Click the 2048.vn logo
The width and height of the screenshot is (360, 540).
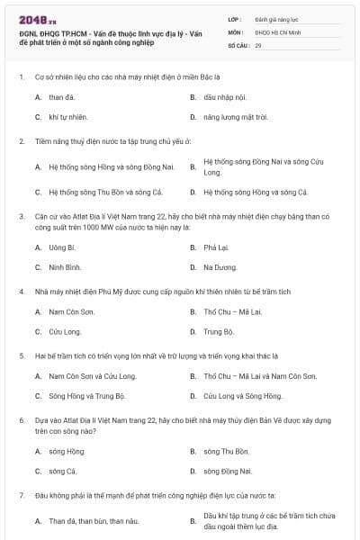(31, 20)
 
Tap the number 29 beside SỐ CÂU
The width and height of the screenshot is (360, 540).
(259, 45)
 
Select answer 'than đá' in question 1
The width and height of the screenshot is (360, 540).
(62, 96)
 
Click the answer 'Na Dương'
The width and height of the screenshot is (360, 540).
(220, 267)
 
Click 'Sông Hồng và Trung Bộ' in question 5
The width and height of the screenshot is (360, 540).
(86, 396)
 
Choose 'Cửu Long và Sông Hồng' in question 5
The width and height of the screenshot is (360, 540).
(243, 396)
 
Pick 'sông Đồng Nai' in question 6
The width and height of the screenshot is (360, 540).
(228, 471)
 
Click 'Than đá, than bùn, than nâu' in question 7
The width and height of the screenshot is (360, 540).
(94, 521)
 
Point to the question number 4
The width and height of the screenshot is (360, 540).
(21, 292)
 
